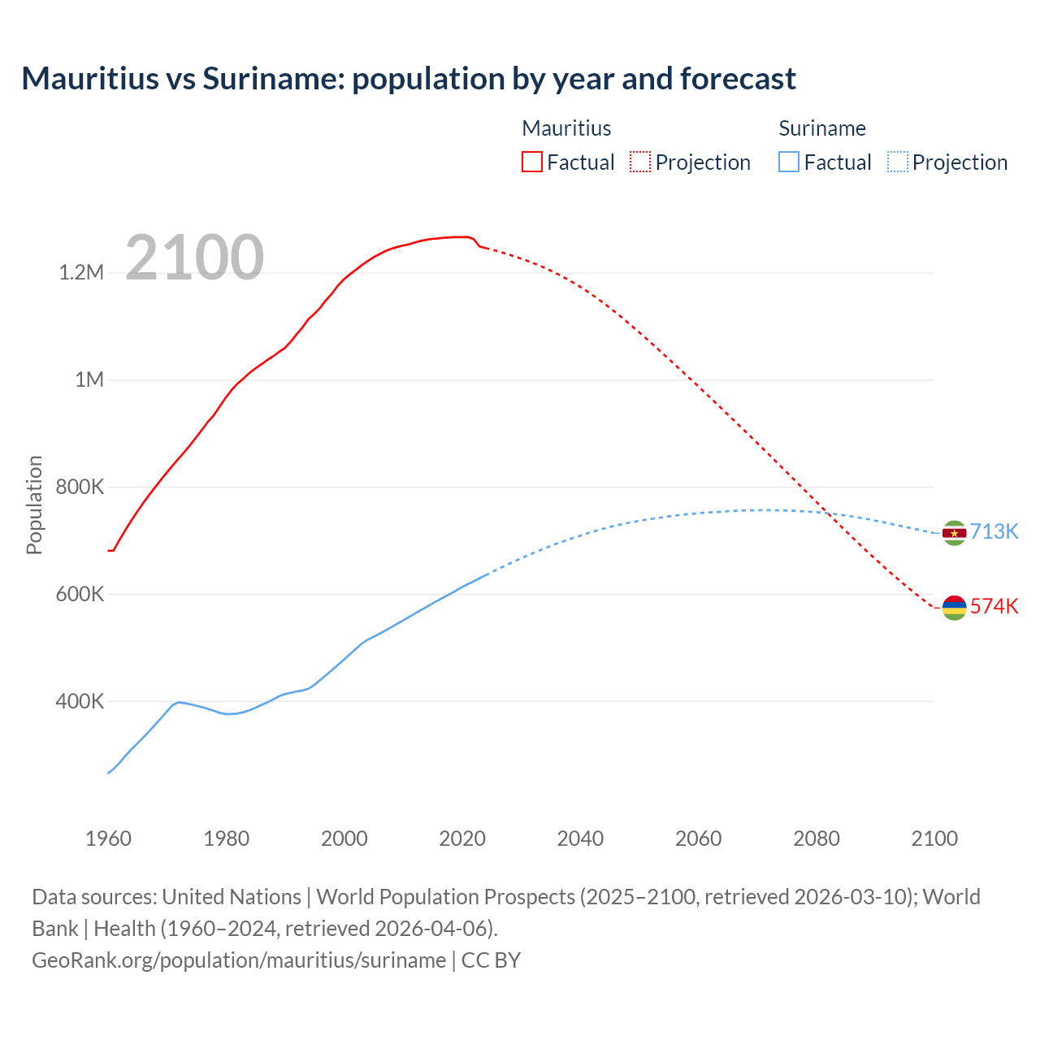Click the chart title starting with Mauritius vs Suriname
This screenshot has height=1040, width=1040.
(x=408, y=79)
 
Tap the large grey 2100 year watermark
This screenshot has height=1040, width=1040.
(x=194, y=258)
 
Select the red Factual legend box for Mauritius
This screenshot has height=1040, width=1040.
(x=531, y=162)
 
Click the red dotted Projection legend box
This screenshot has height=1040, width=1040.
(x=640, y=162)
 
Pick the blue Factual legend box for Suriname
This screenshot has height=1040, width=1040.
(x=788, y=162)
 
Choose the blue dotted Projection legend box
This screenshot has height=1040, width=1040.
(x=897, y=162)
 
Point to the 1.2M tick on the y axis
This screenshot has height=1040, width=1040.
(x=81, y=272)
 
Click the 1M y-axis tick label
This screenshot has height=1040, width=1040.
(x=89, y=379)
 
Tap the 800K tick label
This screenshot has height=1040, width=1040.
(x=80, y=487)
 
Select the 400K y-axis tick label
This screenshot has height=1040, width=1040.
(x=80, y=701)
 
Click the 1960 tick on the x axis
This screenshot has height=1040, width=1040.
(x=108, y=838)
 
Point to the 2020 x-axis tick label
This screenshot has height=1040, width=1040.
(x=462, y=838)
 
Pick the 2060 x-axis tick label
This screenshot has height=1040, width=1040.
(x=698, y=838)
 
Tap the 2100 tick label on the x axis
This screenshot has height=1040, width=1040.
(x=934, y=838)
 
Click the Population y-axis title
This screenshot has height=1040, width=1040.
(x=34, y=505)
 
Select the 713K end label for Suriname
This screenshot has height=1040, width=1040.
(x=994, y=531)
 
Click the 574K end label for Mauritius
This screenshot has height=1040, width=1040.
(x=994, y=606)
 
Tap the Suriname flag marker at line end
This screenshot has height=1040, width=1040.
(x=954, y=533)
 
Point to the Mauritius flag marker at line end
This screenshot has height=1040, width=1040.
(x=954, y=607)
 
